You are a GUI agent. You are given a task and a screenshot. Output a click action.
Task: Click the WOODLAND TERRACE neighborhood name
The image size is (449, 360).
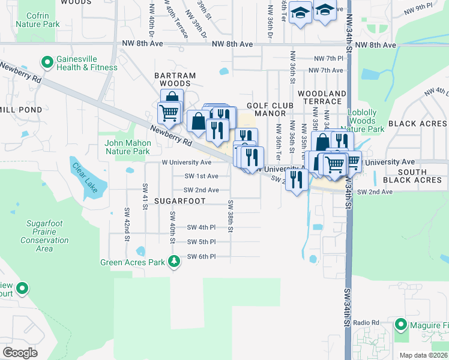pos(322,98)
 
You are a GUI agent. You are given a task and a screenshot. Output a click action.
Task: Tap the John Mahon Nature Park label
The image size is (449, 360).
pos(127,148)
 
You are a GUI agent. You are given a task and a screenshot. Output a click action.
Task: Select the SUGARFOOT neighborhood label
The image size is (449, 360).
pos(180,201)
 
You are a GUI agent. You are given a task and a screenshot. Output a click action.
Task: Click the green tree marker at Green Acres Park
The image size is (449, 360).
pos(174,261)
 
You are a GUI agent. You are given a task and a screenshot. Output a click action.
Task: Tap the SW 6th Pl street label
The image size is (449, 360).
pos(200,257)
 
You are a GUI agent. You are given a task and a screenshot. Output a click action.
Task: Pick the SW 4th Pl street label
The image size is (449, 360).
pos(200,227)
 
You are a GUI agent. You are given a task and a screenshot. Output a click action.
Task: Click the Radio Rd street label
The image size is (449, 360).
pos(367,323)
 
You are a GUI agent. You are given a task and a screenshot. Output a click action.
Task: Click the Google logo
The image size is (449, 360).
pos(20,352)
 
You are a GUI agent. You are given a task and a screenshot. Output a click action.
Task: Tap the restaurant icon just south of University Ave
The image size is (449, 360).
pos(297,178)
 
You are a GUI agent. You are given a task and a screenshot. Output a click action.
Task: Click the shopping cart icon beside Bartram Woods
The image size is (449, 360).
pos(169,111)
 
